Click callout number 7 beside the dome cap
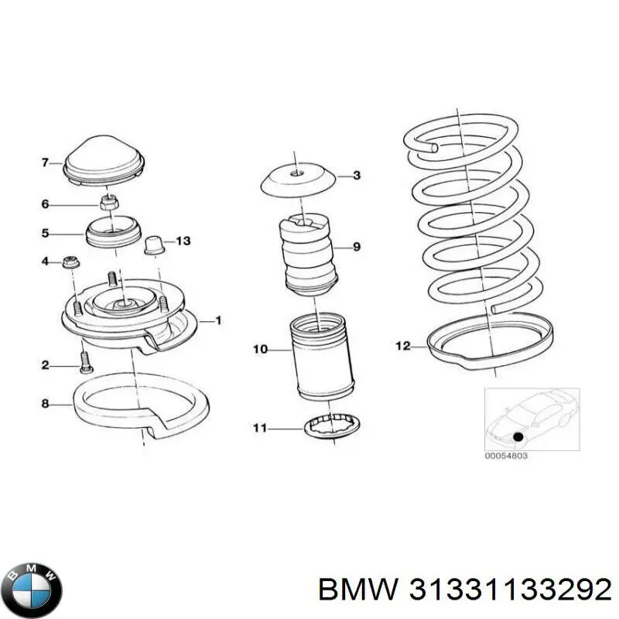pyautogui.click(x=45, y=162)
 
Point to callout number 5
pyautogui.click(x=45, y=232)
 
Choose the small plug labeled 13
pyautogui.click(x=153, y=245)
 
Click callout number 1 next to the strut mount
pyautogui.click(x=218, y=320)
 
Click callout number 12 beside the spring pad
pyautogui.click(x=402, y=347)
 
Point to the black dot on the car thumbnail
pyautogui.click(x=518, y=437)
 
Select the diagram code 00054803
pyautogui.click(x=506, y=457)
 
